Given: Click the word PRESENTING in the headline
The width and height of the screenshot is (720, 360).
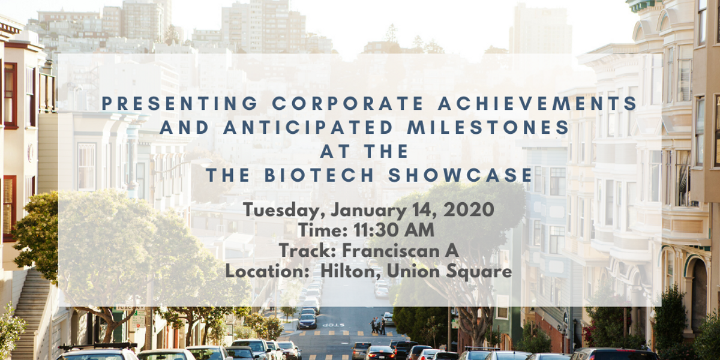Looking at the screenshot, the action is tap(179, 103).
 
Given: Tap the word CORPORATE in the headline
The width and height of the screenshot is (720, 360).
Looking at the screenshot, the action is tap(348, 103).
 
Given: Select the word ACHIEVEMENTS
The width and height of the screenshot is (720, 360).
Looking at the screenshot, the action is tap(538, 103).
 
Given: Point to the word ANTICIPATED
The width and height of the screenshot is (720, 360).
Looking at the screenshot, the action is tap(308, 127).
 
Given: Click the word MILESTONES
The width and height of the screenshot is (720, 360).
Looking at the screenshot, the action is tap(488, 127).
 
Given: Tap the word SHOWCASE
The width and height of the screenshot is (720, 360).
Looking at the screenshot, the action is tap(460, 175).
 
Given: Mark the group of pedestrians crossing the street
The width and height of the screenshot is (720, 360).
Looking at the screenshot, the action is tap(377, 325).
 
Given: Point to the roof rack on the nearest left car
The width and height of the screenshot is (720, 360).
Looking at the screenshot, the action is tap(98, 346).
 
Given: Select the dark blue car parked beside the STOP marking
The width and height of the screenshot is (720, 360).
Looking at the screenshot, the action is tap(307, 322).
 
